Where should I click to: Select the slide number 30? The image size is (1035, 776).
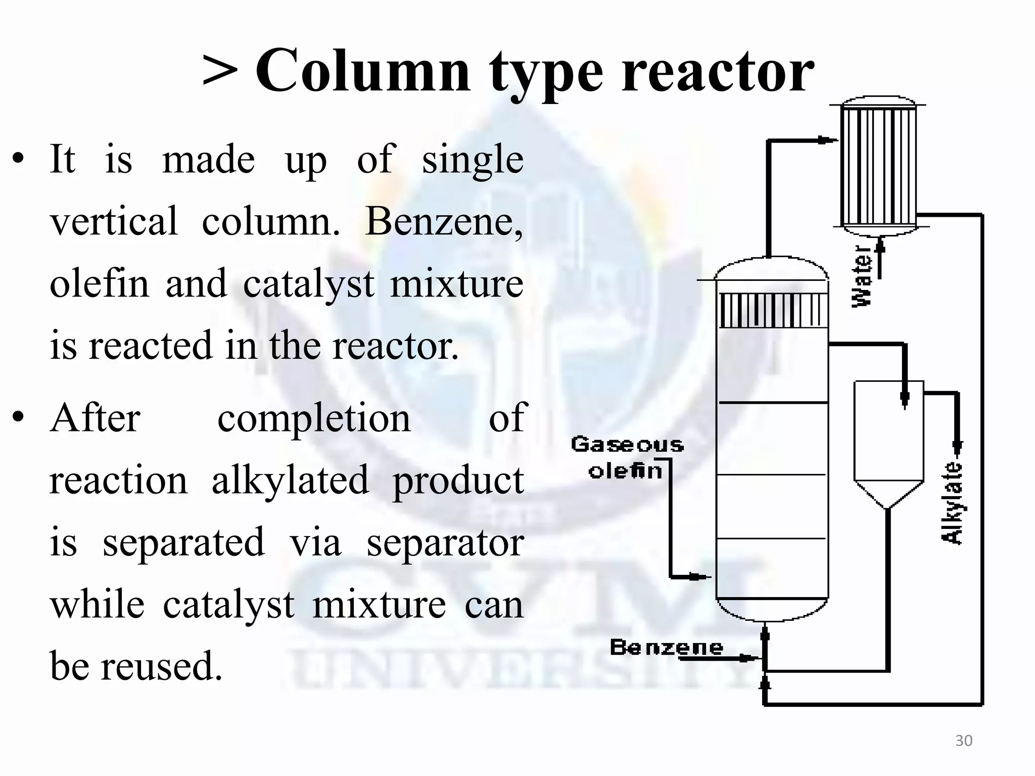964,741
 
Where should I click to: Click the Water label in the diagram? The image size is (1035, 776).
862,276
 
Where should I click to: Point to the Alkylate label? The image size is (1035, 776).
953,503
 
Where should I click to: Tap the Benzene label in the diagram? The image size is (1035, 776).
666,647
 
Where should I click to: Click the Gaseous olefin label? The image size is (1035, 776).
627,458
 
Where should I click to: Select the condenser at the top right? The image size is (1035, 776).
878,167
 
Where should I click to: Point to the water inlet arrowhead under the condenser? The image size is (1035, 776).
880,246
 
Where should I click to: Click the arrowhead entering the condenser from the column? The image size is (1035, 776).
826,140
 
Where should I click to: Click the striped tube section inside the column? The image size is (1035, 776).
772,310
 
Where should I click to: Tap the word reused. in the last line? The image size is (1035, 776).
162,666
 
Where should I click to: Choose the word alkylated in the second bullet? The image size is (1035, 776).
290,480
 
